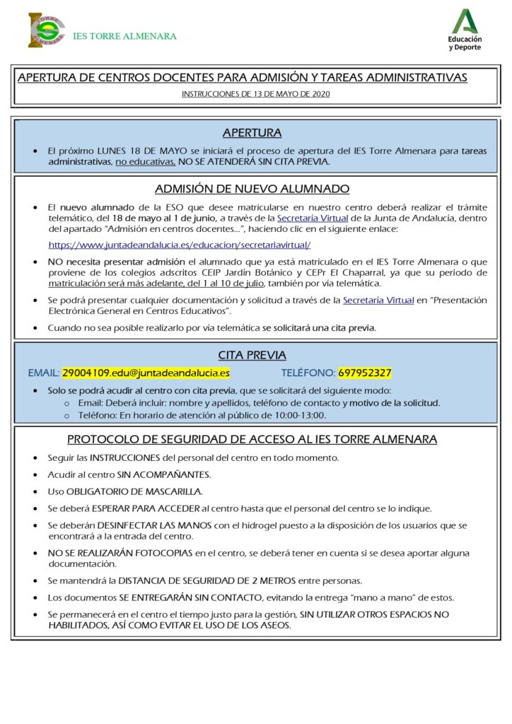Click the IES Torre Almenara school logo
tap(47, 30)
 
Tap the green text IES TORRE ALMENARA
tap(124, 36)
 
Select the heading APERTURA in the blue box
tap(252, 133)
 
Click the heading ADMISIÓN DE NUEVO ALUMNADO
tap(252, 189)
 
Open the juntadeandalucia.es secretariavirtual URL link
tap(180, 245)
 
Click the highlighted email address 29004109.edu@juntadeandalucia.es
tap(146, 373)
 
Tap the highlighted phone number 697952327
tap(365, 373)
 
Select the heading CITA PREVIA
tap(252, 356)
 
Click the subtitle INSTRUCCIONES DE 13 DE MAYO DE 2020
tap(255, 93)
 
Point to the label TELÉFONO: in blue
tap(308, 373)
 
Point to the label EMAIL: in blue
tap(44, 373)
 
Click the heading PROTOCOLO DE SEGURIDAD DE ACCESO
tap(252, 439)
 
